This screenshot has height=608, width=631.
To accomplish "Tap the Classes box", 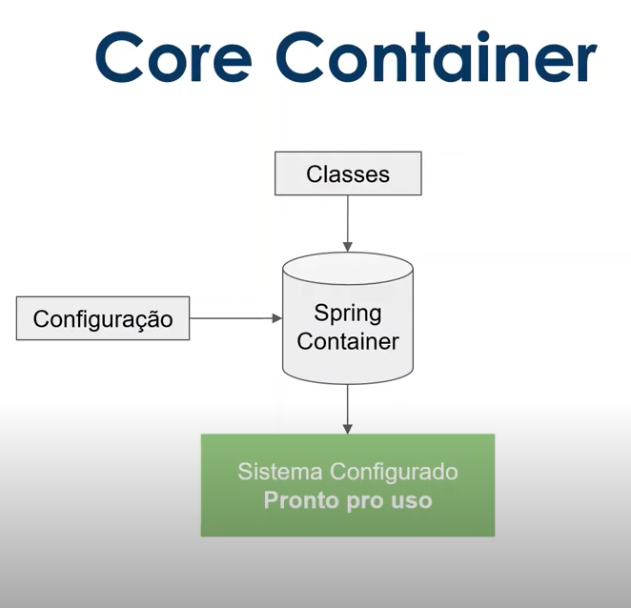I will pyautogui.click(x=348, y=174).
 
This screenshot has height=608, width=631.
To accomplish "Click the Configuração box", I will pyautogui.click(x=103, y=318).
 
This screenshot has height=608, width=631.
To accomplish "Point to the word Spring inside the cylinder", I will pyautogui.click(x=348, y=313).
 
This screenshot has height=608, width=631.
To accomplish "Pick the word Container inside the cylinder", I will pyautogui.click(x=348, y=341).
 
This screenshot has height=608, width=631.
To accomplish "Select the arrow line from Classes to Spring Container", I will pyautogui.click(x=348, y=219).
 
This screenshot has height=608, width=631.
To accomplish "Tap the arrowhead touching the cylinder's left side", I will pyautogui.click(x=277, y=318).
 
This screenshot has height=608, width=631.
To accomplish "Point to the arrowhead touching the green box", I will pyautogui.click(x=348, y=428).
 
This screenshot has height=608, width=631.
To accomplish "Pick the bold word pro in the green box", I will pyautogui.click(x=363, y=500).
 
